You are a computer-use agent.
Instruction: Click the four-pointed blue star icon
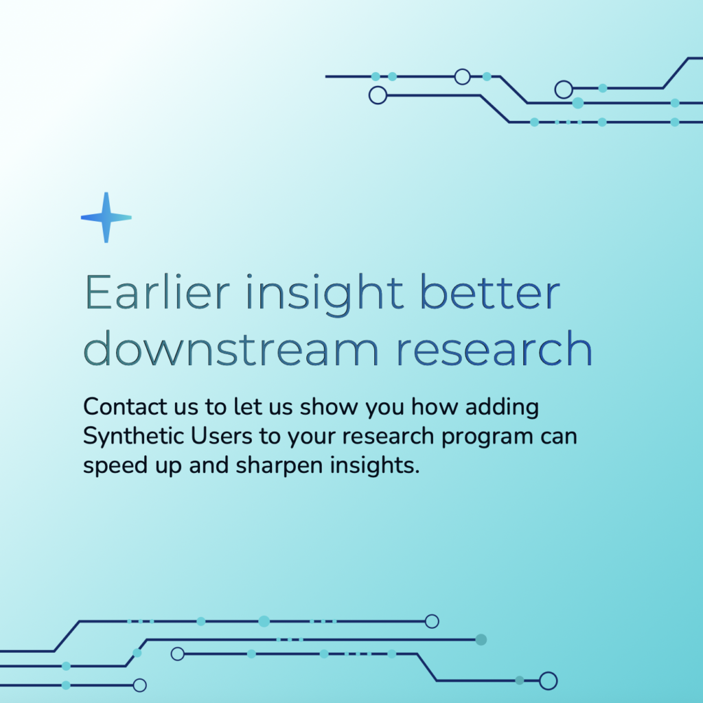pyautogui.click(x=106, y=218)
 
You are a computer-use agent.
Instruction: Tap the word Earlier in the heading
pyautogui.click(x=157, y=292)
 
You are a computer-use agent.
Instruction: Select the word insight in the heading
pyautogui.click(x=325, y=295)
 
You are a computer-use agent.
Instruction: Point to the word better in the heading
pyautogui.click(x=490, y=292)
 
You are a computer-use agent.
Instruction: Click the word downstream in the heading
pyautogui.click(x=231, y=348)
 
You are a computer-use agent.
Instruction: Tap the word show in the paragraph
pyautogui.click(x=329, y=406)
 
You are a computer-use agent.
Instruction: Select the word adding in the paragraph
pyautogui.click(x=502, y=408)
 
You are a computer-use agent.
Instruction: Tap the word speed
pyautogui.click(x=115, y=466)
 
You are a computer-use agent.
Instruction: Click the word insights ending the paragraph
pyautogui.click(x=375, y=466)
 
